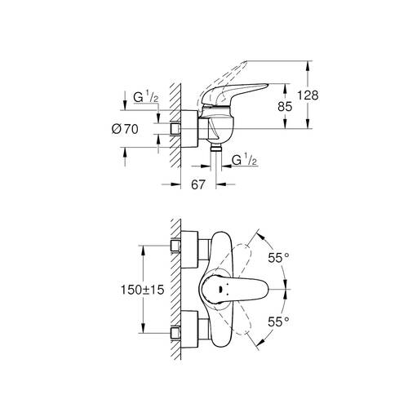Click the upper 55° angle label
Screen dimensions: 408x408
coord(278,258)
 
